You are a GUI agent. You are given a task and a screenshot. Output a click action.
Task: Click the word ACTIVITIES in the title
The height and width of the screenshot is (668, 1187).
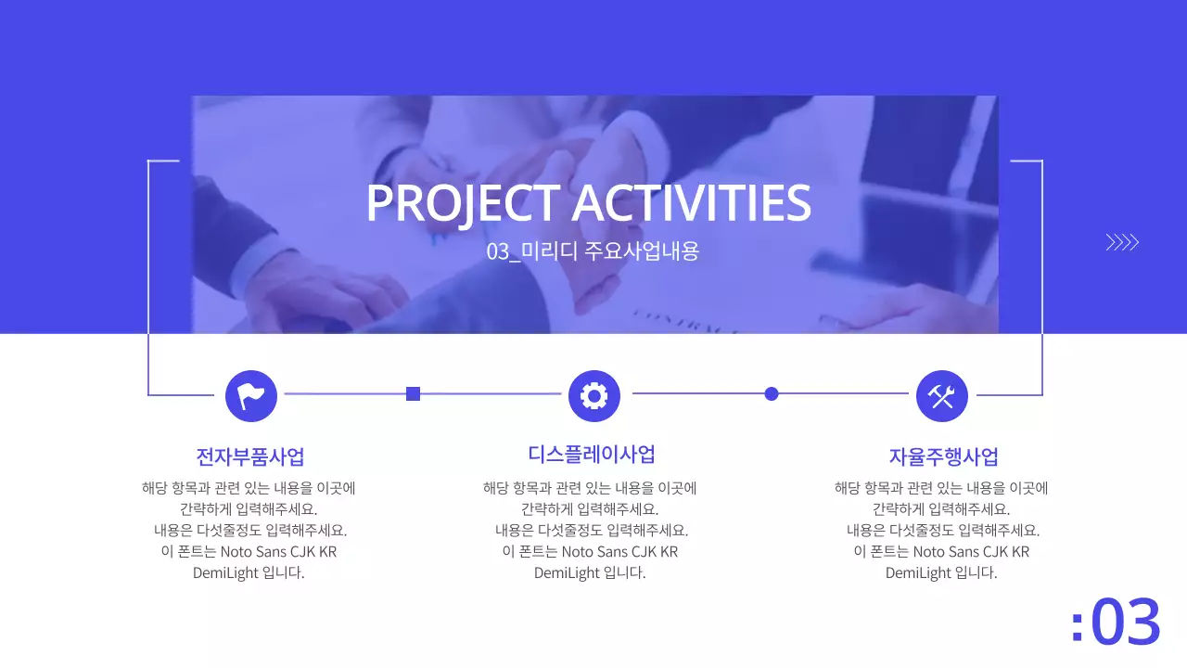(691, 203)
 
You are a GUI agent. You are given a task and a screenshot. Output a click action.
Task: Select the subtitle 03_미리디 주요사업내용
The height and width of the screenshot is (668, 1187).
(593, 251)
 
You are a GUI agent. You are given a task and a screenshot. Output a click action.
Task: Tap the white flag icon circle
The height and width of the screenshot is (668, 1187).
(251, 395)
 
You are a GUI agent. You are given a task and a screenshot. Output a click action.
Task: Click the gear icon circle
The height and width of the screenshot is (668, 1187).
(593, 395)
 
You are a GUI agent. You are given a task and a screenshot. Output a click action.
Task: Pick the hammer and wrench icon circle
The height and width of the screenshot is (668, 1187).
(941, 396)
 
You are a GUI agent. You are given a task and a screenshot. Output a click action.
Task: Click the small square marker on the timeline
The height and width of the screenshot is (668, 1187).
(414, 394)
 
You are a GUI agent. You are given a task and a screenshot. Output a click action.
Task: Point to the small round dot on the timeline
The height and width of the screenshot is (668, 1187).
(771, 393)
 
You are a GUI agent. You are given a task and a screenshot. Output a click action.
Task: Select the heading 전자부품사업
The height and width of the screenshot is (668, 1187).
(250, 456)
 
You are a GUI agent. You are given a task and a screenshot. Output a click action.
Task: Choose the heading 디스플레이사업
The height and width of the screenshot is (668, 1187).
(592, 455)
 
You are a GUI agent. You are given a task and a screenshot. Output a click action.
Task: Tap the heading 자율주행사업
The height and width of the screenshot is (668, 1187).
(943, 456)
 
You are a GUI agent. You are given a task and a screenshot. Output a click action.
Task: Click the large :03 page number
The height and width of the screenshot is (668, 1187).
(1116, 622)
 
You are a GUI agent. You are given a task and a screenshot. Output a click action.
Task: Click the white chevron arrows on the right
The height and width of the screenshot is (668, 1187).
(1121, 243)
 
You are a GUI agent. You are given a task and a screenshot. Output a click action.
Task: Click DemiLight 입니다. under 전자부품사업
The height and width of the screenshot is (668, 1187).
(249, 572)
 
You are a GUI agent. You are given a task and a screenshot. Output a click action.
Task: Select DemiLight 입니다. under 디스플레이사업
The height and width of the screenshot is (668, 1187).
(590, 572)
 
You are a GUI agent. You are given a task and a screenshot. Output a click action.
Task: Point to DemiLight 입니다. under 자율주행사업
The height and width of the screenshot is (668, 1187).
(941, 572)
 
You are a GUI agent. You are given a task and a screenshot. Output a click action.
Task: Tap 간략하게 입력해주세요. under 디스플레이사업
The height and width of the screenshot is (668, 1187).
(590, 509)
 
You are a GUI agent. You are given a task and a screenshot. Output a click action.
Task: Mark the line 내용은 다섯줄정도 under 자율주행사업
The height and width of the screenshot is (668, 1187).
(941, 531)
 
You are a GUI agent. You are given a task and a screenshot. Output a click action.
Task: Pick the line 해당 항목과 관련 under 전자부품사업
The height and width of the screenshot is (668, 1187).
(249, 488)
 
